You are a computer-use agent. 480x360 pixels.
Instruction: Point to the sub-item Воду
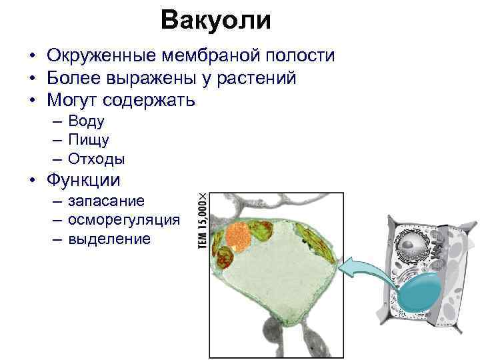click(86, 121)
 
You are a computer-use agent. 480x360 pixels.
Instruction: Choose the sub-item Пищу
click(89, 140)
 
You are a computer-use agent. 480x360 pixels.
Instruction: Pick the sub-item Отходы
click(97, 159)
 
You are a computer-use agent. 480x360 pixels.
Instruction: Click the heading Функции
click(83, 181)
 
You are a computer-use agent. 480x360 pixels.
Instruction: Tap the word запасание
click(107, 201)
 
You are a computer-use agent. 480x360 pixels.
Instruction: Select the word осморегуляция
click(124, 219)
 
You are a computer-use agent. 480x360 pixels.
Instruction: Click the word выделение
click(110, 238)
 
